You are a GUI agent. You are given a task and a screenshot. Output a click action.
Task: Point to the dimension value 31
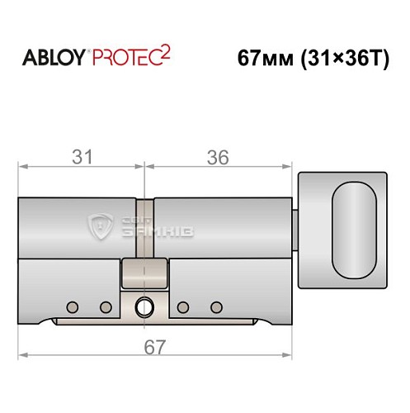pos(81,156)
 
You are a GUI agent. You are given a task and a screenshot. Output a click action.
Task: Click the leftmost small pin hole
pos(73,307)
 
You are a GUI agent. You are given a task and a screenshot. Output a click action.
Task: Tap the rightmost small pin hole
pos(216,307)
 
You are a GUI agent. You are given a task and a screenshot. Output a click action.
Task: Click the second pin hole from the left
pos(106,307)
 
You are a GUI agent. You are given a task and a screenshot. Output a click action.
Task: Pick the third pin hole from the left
pos(184,307)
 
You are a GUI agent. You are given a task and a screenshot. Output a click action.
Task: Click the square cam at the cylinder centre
pos(144,273)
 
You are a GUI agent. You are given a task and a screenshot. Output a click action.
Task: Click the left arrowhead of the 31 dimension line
pos(22,166)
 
